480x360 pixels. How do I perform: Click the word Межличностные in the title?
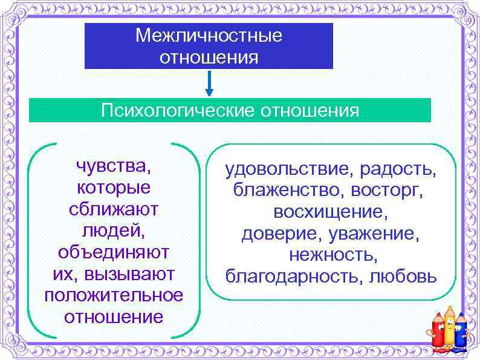click(x=209, y=36)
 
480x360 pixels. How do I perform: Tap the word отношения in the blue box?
click(x=209, y=57)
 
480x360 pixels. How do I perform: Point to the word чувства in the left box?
click(x=113, y=165)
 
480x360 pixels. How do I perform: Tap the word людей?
click(x=113, y=230)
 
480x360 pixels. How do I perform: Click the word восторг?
click(x=394, y=192)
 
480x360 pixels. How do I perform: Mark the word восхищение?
click(x=331, y=213)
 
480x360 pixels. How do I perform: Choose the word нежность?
click(x=333, y=255)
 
